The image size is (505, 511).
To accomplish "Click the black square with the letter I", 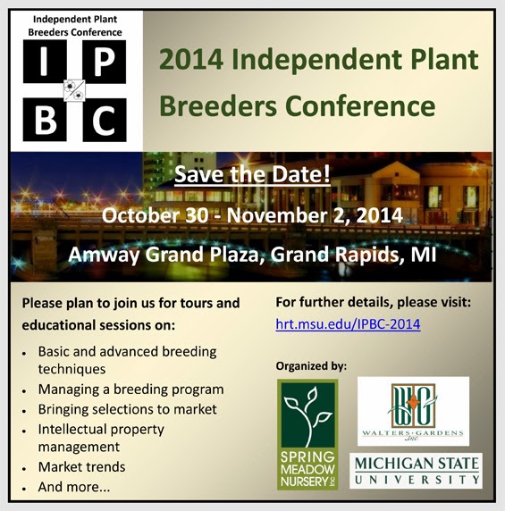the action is (x=45, y=62).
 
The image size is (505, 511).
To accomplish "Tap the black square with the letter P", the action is (x=105, y=62).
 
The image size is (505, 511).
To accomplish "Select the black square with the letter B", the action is (x=45, y=120).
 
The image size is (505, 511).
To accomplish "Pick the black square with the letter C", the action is (x=105, y=120).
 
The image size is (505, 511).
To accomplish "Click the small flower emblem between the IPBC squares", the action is (x=74, y=90).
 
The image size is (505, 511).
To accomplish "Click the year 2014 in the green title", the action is (x=191, y=60).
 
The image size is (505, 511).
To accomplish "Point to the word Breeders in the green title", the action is (x=218, y=106).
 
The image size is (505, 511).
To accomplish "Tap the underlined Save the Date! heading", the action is (x=252, y=174).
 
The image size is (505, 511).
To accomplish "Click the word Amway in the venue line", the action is (x=104, y=255).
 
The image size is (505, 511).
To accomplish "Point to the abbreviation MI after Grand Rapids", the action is (x=423, y=255).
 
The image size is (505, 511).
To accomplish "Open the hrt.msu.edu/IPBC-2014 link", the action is (x=348, y=324).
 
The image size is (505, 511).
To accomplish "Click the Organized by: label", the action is (x=311, y=366).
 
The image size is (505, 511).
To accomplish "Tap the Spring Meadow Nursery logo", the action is (x=307, y=434).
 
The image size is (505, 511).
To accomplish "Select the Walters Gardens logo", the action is (x=413, y=411).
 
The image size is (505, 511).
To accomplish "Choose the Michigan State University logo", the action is (x=416, y=471).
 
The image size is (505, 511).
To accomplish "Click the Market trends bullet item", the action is (x=82, y=467).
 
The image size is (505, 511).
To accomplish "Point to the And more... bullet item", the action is (x=74, y=487).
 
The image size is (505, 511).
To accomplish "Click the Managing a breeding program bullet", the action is (x=131, y=390).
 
